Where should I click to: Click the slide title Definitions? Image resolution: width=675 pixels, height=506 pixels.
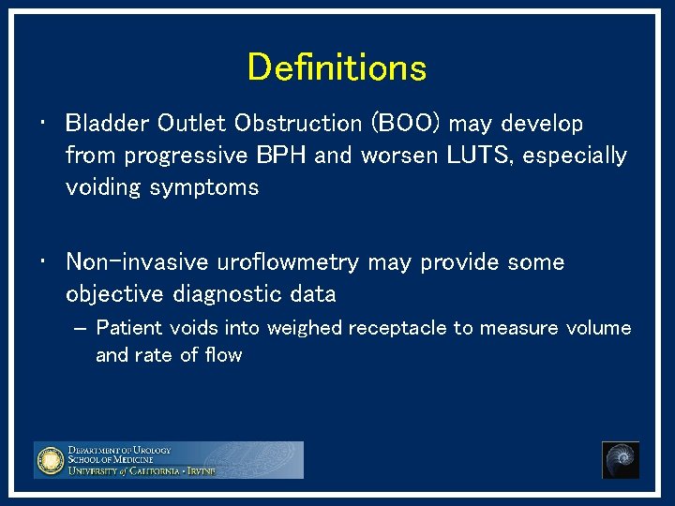pos(337,67)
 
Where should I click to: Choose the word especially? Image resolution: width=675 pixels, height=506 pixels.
pos(575,156)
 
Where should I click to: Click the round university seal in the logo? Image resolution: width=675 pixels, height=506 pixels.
pos(50,460)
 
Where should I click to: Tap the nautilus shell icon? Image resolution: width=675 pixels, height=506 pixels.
pos(620,460)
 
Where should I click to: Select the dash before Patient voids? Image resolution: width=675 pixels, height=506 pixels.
pos(79,329)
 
